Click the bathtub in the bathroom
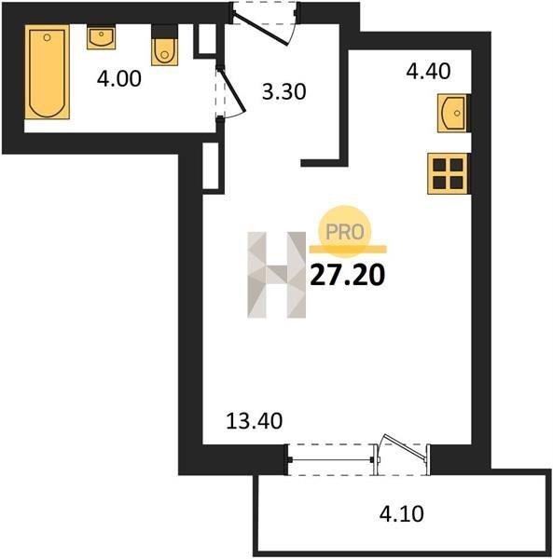pyautogui.click(x=48, y=72)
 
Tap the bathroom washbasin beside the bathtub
pyautogui.click(x=102, y=37)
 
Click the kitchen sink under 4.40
pyautogui.click(x=452, y=113)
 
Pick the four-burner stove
pyautogui.click(x=448, y=173)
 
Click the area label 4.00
pyautogui.click(x=119, y=79)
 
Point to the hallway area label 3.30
pyautogui.click(x=284, y=91)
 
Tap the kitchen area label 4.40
pyautogui.click(x=428, y=71)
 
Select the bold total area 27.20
pyautogui.click(x=348, y=276)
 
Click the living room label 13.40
pyautogui.click(x=255, y=421)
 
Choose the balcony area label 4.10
pyautogui.click(x=401, y=514)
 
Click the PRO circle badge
pyautogui.click(x=345, y=232)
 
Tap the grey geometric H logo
pyautogui.click(x=276, y=275)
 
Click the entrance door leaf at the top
pyautogui.click(x=260, y=28)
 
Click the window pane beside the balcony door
pyautogui.click(x=331, y=460)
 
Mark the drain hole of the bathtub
pyautogui.click(x=48, y=37)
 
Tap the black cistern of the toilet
pyautogui.click(x=164, y=32)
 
